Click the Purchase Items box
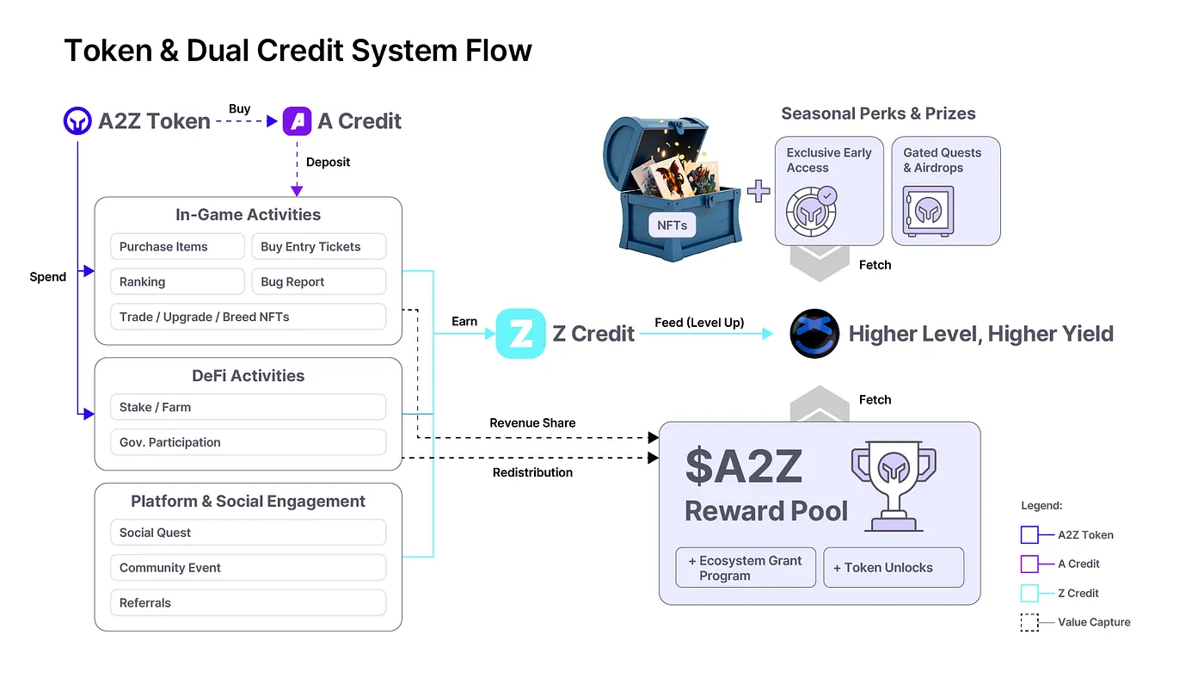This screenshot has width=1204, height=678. point(177,247)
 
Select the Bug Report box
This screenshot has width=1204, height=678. point(318,282)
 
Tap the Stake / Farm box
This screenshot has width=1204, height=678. point(248,407)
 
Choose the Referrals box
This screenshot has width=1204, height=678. point(248,603)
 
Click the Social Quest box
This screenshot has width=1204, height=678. point(248,533)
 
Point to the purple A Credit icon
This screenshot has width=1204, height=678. point(298,121)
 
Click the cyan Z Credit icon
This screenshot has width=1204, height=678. point(520,334)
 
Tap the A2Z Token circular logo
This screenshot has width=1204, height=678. point(78,121)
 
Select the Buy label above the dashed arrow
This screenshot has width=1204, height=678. point(240,109)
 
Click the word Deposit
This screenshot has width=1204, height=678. point(329,162)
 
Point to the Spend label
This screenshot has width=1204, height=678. point(47,277)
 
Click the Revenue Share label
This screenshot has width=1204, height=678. point(532,423)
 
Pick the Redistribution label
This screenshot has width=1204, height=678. point(532,472)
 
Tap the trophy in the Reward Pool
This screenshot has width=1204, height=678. point(893,484)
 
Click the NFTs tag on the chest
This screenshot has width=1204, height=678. point(672,225)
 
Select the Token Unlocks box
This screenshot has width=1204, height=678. point(894,568)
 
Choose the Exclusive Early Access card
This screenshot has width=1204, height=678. point(829,191)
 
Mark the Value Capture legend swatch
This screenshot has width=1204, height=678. point(1029,622)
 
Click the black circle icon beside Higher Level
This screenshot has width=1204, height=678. point(814,334)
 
